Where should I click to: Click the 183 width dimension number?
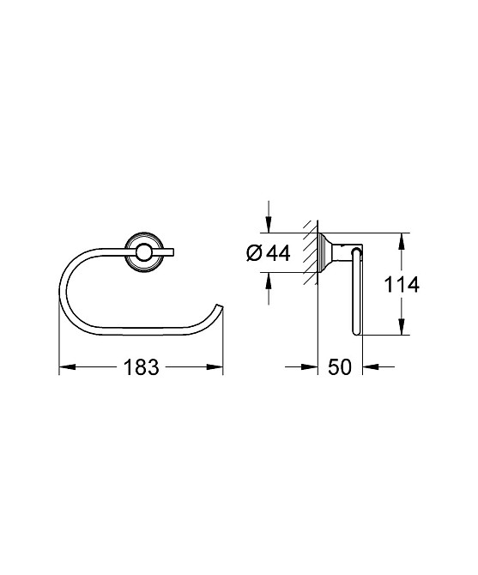click(x=141, y=368)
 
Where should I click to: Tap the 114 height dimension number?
click(x=402, y=285)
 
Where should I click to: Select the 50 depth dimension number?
click(x=340, y=368)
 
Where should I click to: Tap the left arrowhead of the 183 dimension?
click(x=66, y=368)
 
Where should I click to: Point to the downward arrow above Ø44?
click(x=269, y=225)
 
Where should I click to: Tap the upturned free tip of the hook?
click(x=220, y=307)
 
